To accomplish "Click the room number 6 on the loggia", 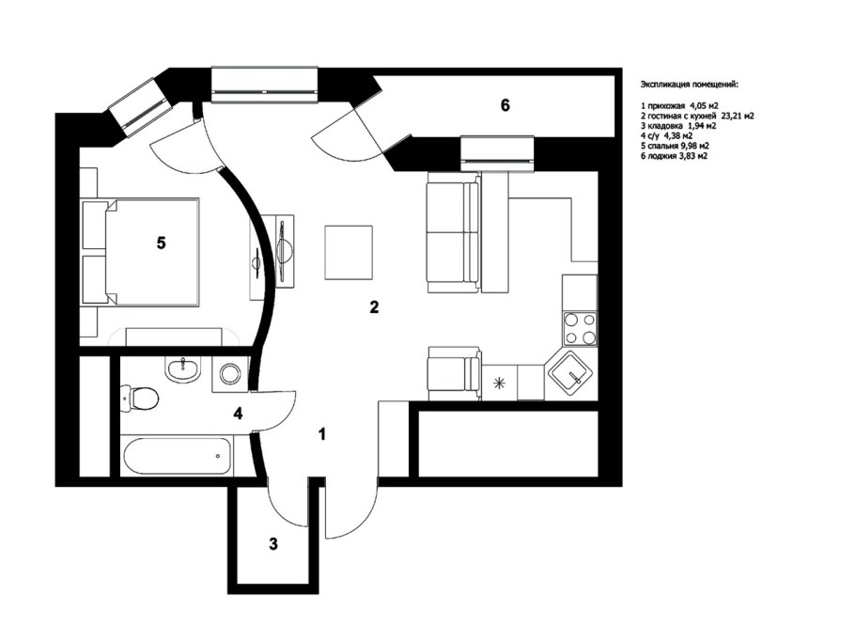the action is click(x=505, y=105).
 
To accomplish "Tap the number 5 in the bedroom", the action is click(x=161, y=243).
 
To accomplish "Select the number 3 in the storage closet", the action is click(x=273, y=544).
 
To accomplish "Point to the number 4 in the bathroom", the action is click(x=238, y=414).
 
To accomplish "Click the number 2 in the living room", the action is click(x=374, y=307).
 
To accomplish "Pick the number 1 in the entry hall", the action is click(x=322, y=434).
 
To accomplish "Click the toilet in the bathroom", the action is click(x=140, y=398).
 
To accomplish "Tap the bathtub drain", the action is click(x=218, y=456).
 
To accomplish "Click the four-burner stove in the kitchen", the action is click(x=581, y=329).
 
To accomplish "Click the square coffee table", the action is click(x=349, y=253).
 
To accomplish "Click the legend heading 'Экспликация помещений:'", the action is click(x=690, y=85).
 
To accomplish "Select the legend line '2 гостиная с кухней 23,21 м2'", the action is click(x=697, y=117).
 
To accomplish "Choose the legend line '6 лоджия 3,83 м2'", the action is click(x=674, y=156).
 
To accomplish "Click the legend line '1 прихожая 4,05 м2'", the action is click(x=679, y=106).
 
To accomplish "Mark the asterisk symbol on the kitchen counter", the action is click(x=498, y=383).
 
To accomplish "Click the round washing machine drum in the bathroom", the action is click(x=230, y=374).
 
